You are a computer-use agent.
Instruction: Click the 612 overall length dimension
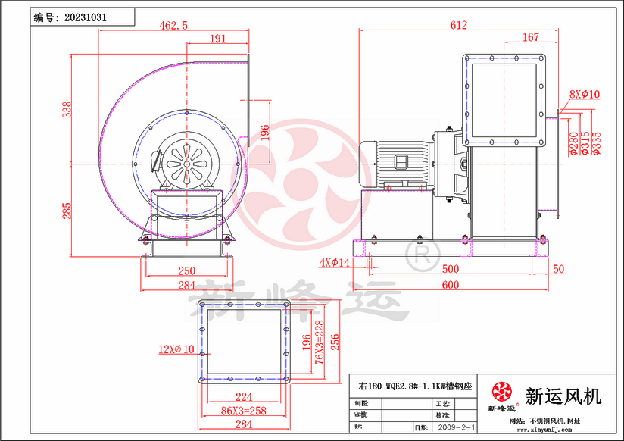click(x=458, y=25)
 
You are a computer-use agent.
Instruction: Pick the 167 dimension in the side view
click(x=531, y=36)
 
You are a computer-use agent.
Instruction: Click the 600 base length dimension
click(x=451, y=284)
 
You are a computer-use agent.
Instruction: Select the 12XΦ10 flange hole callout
click(x=177, y=349)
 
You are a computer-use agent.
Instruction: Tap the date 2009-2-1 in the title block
click(x=457, y=427)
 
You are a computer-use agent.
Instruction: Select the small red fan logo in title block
click(x=501, y=392)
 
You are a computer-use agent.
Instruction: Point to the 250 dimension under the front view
click(x=186, y=271)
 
